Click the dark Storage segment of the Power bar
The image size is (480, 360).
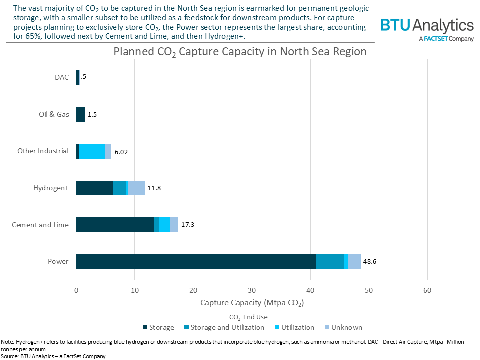[x=196, y=262]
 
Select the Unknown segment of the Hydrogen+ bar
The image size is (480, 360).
[x=136, y=188]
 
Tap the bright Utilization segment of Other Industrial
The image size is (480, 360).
[x=92, y=151]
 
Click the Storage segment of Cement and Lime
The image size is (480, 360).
[x=115, y=225]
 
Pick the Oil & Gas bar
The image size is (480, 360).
[x=80, y=114]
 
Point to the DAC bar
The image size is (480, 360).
[x=78, y=77]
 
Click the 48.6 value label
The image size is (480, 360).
[x=369, y=262]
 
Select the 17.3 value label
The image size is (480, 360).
[x=188, y=225]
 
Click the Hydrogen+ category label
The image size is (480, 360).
[x=51, y=188]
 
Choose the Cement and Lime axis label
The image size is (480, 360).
[x=40, y=225]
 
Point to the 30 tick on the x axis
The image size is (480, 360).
[x=252, y=290]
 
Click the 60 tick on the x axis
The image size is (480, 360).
[x=427, y=290]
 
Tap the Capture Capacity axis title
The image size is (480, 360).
[x=252, y=303]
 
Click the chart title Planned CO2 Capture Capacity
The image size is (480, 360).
[x=240, y=52]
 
